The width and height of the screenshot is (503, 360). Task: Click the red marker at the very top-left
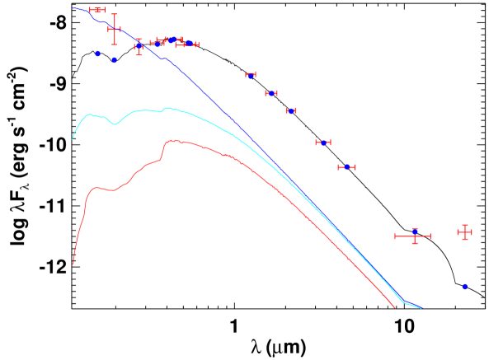pyautogui.click(x=97, y=10)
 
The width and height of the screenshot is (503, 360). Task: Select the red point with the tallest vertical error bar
pyautogui.click(x=114, y=29)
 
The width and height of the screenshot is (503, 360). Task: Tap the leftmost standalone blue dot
pyautogui.click(x=97, y=54)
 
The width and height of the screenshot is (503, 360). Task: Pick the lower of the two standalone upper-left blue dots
pyautogui.click(x=115, y=60)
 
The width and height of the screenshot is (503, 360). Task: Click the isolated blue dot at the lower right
pyautogui.click(x=465, y=287)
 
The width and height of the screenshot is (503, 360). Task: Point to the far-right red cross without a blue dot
pyautogui.click(x=465, y=232)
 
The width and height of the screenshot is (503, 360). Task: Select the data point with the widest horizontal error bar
pyautogui.click(x=415, y=236)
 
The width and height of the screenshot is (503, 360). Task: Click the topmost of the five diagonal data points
pyautogui.click(x=251, y=75)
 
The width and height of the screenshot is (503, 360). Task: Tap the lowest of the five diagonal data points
pyautogui.click(x=347, y=167)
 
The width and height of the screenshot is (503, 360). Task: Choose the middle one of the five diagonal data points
pyautogui.click(x=290, y=111)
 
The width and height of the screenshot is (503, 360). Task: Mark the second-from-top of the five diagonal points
pyautogui.click(x=271, y=94)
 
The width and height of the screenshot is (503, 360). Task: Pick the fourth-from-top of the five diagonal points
pyautogui.click(x=323, y=143)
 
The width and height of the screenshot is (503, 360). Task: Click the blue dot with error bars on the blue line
pyautogui.click(x=139, y=46)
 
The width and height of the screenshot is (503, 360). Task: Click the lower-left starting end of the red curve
pyautogui.click(x=73, y=264)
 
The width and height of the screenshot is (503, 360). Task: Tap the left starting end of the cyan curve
pyautogui.click(x=73, y=138)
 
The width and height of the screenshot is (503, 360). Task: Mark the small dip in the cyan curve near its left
pyautogui.click(x=115, y=124)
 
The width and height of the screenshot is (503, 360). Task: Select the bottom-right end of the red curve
pyautogui.click(x=395, y=308)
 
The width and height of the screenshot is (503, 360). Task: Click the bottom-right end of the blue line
pyautogui.click(x=421, y=308)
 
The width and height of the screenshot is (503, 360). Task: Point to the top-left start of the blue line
pyautogui.click(x=73, y=8)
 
